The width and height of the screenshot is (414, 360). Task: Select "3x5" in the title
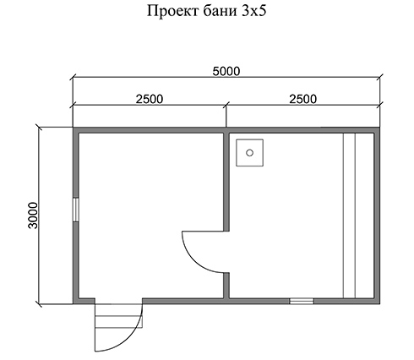[x=254, y=11]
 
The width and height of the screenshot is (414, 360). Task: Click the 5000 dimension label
[x=226, y=71]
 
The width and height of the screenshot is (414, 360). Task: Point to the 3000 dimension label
[x=33, y=215]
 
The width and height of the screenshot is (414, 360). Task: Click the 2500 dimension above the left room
[x=150, y=99]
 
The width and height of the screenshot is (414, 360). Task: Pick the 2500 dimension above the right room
[x=303, y=99]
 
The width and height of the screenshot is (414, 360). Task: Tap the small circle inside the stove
[x=249, y=153]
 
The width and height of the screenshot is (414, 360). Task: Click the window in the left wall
[x=76, y=210]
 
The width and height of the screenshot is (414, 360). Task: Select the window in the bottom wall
[x=302, y=301]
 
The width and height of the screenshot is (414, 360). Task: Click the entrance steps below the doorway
[x=118, y=316]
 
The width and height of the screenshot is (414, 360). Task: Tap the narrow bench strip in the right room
[x=349, y=215]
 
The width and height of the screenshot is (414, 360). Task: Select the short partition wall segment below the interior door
[x=226, y=286]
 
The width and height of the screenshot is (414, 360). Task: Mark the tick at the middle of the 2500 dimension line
[x=226, y=105]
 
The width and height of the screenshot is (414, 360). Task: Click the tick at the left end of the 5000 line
[x=73, y=77]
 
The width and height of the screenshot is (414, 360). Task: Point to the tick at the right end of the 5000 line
[x=379, y=77]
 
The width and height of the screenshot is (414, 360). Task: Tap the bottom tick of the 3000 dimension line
[x=39, y=304]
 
